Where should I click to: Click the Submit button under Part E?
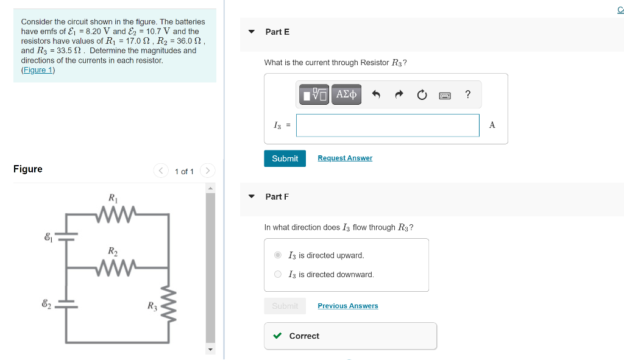[285, 158]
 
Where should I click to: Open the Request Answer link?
[345, 158]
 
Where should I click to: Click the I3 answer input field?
[388, 125]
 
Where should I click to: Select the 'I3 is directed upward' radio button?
[278, 255]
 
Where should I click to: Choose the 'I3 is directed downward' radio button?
[278, 274]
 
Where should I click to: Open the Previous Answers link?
[347, 306]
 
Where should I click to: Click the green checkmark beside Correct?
[277, 336]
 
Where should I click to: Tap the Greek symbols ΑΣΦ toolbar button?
[346, 94]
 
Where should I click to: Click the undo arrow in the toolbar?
[376, 94]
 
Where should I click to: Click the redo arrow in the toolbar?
[399, 94]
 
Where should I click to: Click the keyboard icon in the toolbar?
[444, 95]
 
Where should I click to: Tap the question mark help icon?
[467, 94]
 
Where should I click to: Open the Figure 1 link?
[38, 70]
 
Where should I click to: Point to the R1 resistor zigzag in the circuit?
[115, 214]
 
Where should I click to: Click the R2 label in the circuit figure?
[113, 251]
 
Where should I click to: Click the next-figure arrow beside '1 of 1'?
[207, 171]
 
